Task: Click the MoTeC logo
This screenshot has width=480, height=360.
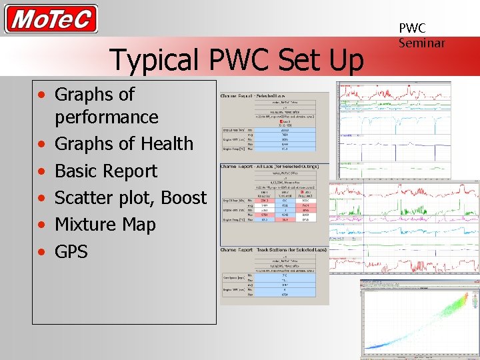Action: click(x=51, y=19)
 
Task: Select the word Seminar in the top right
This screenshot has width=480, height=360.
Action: click(x=421, y=43)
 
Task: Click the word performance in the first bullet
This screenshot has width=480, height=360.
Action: click(x=107, y=117)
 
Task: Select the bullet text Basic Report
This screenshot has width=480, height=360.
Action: click(x=106, y=171)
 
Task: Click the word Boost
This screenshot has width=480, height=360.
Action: click(x=184, y=198)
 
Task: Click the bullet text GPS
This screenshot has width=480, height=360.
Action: click(x=71, y=251)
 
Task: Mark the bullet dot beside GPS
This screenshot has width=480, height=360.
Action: click(x=42, y=253)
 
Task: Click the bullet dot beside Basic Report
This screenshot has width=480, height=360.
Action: click(x=42, y=172)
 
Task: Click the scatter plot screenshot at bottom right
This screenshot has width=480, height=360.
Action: click(x=419, y=319)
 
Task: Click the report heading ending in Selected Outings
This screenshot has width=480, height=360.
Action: click(x=274, y=165)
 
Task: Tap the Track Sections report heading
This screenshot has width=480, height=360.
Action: click(x=274, y=250)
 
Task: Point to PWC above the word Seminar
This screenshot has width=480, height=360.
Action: click(x=412, y=28)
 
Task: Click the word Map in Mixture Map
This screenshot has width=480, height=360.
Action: click(x=139, y=225)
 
